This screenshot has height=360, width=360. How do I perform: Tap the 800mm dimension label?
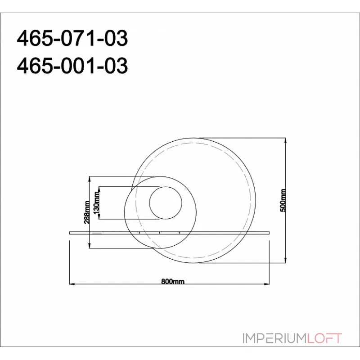click(173, 282)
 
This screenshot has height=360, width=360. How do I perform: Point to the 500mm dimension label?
click(283, 200)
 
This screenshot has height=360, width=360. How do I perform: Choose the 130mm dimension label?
click(96, 202)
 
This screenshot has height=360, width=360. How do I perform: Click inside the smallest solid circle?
click(166, 203)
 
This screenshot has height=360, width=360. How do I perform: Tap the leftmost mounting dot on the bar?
click(139, 233)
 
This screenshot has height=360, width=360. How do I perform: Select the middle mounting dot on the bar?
click(159, 233)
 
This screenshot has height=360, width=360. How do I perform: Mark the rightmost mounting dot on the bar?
click(179, 233)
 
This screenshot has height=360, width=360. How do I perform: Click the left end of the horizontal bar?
click(70, 232)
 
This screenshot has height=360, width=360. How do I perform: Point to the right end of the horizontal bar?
click(270, 232)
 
